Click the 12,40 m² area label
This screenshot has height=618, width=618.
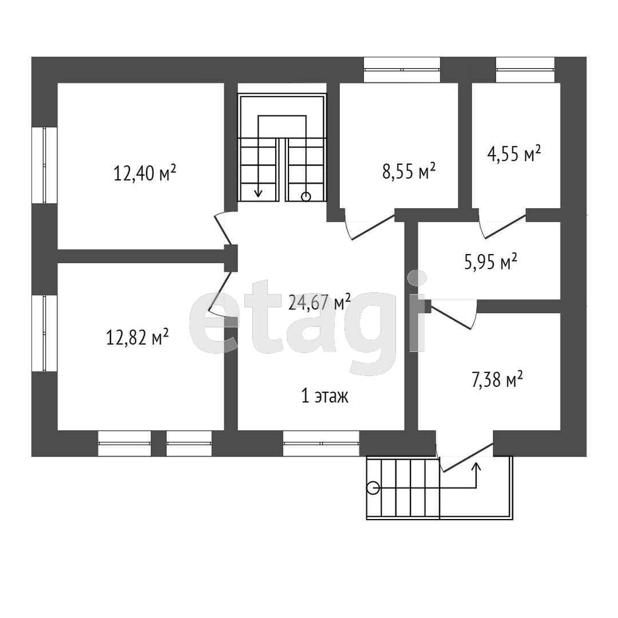point(145,173)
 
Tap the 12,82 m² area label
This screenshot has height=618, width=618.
point(137,337)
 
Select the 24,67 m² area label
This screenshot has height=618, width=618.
point(320,302)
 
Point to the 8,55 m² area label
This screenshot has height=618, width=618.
point(409,171)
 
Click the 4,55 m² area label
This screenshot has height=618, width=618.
point(514,153)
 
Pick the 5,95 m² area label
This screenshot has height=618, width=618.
point(491,262)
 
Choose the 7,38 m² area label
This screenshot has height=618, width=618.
point(497,381)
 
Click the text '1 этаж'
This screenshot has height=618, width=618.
point(325,396)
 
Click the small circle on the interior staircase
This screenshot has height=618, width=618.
point(306,197)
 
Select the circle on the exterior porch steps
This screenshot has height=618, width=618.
point(373,488)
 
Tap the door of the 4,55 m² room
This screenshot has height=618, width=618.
point(502,224)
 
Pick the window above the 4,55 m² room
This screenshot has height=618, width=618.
point(525,70)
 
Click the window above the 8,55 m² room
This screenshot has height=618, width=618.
point(402,70)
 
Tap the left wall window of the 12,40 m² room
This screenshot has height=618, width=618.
point(45,165)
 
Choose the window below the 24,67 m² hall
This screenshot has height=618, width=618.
point(321,443)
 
